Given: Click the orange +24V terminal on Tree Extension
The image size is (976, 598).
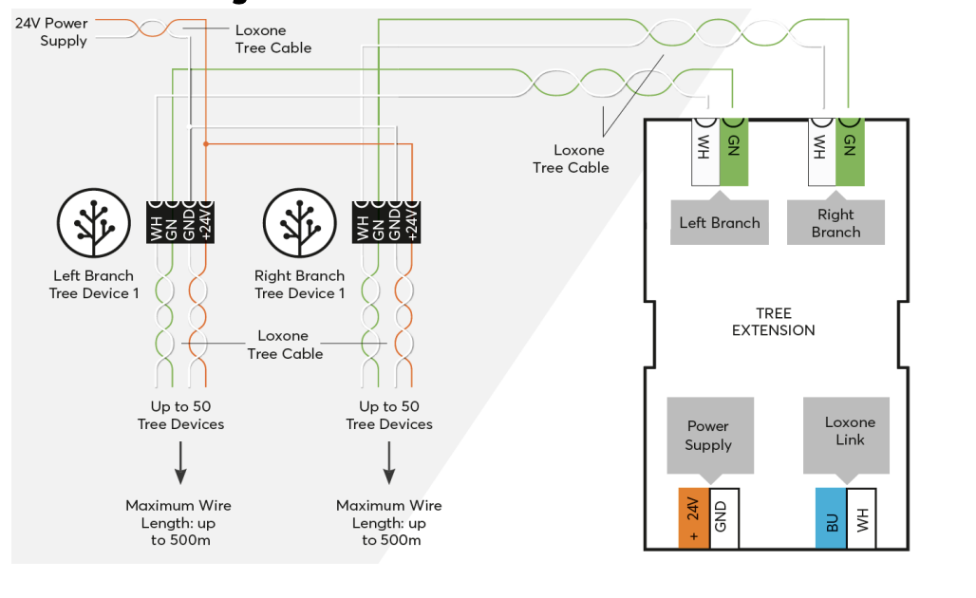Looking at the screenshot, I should pos(693,518).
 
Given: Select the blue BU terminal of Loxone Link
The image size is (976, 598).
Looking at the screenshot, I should pos(830,518).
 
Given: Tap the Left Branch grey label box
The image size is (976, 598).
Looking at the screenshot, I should pos(720,222).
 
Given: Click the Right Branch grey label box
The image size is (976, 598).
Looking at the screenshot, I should pos(835,223).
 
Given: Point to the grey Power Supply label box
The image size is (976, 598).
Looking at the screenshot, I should pos(708,436).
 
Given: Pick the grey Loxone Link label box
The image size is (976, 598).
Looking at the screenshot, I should pos(850,431).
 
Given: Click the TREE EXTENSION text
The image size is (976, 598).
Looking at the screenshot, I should pos(773,322).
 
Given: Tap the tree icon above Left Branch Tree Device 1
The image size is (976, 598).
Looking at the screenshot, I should pos(94,223).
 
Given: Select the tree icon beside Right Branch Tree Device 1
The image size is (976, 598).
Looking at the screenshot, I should pos(299,223).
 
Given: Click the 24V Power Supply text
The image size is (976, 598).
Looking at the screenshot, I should pos(51,31).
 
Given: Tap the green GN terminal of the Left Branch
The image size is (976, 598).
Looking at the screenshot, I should pos(734,152).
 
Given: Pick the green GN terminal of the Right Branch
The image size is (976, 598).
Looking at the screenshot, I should pos(850,152).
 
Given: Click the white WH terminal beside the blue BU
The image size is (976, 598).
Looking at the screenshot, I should pos(862,518).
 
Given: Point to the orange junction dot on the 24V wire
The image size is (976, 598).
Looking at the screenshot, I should pos(205,144).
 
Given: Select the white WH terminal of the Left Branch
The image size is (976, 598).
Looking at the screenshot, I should pos(705,152).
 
